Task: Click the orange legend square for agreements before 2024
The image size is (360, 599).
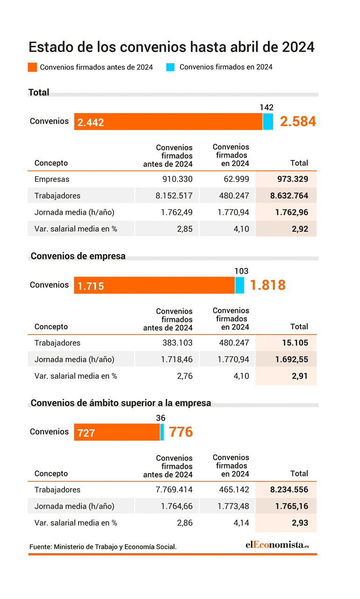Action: (32, 67)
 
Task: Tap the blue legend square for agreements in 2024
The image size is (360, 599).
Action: (170, 67)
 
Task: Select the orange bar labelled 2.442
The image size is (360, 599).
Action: (168, 122)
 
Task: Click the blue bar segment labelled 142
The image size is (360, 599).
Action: (268, 122)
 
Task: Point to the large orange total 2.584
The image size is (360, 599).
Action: (298, 121)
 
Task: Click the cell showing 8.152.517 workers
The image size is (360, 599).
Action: (174, 195)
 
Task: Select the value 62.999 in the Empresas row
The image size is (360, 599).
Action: (236, 179)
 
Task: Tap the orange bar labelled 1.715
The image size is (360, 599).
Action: (154, 285)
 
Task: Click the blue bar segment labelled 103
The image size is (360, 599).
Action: (240, 285)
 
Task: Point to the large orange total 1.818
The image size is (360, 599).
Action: (268, 285)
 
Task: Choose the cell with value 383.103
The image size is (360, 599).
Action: (177, 343)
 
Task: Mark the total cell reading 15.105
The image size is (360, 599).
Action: (295, 343)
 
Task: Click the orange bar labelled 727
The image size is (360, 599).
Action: (117, 432)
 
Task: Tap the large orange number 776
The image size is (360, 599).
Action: (181, 432)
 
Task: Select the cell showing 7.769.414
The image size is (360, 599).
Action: (174, 490)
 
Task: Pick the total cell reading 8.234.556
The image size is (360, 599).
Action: (289, 490)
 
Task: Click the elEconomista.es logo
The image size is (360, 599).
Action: (277, 544)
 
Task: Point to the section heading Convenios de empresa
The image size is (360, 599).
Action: (78, 256)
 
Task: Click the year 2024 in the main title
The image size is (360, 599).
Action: (298, 47)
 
